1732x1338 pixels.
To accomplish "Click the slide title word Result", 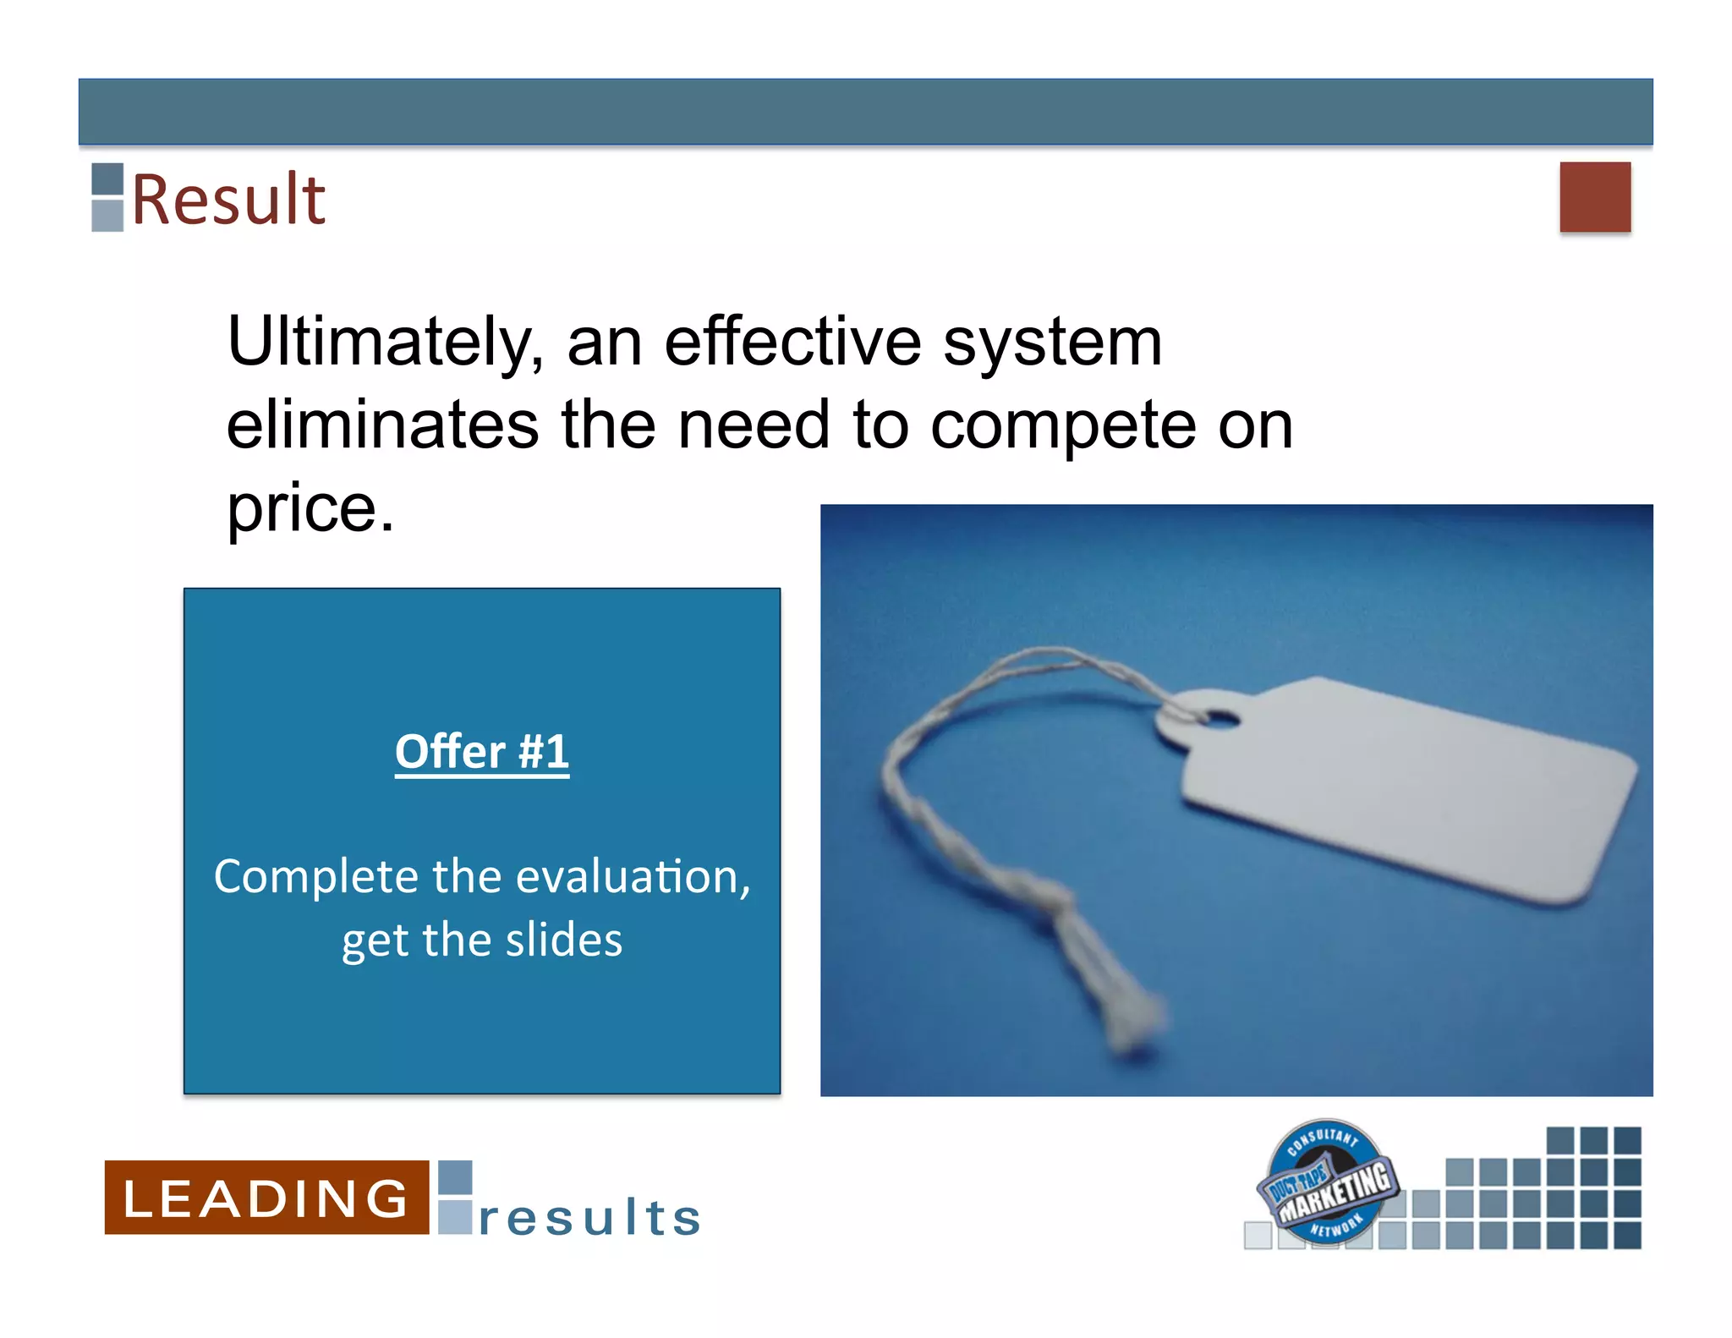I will point(228,200).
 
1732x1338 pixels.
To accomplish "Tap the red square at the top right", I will point(1594,197).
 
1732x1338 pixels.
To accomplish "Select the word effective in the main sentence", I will point(792,343).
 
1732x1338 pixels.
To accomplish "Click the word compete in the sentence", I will point(1063,426).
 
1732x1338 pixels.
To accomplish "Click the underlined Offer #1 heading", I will point(482,752).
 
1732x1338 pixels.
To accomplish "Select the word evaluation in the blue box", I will point(627,876).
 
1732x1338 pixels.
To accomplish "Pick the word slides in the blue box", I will point(563,940).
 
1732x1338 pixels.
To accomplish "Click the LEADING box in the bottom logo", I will point(266,1198).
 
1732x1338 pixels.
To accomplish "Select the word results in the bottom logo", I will point(589,1218).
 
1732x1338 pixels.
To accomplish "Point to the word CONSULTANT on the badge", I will point(1324,1139).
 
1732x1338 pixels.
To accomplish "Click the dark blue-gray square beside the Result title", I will point(107,178).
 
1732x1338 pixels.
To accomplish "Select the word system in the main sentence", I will point(1052,343).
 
